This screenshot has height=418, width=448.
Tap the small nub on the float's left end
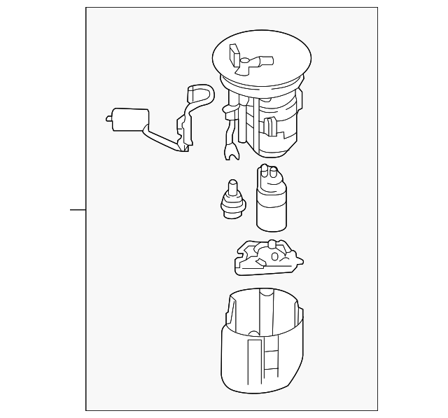coord(108,119)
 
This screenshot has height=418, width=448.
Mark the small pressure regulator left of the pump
coord(232,201)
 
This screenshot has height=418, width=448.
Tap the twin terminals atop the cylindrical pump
coord(268,172)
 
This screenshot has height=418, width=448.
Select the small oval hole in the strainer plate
coord(274,257)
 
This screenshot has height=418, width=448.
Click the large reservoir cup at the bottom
coord(265,350)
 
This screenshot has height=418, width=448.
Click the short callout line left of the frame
coord(77,209)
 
